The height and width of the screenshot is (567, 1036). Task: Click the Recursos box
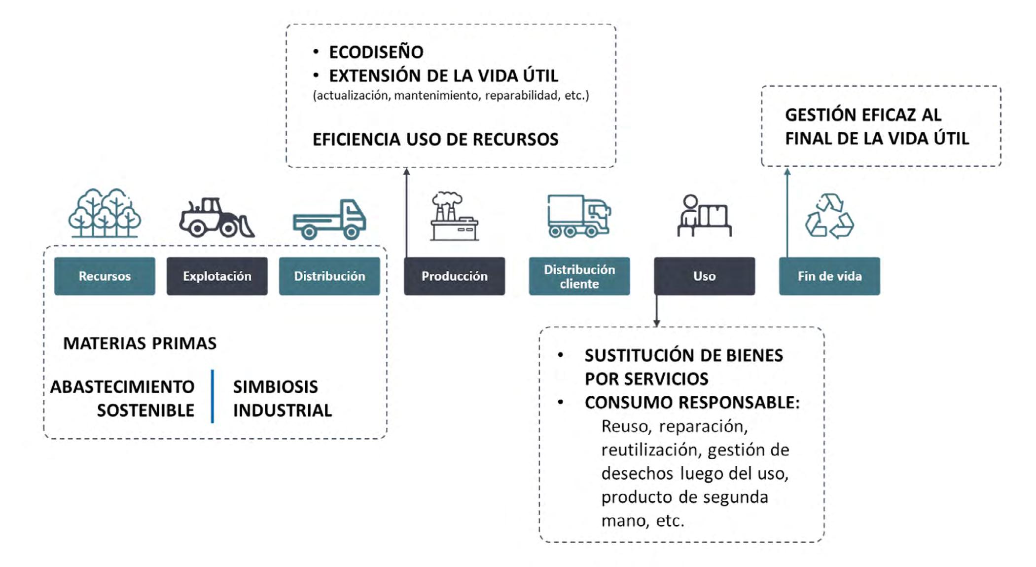point(105,276)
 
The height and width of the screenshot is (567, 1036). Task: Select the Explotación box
point(217,276)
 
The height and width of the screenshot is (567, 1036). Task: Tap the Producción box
point(454,276)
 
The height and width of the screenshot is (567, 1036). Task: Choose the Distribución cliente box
point(579,276)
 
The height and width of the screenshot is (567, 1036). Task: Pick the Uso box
point(704,276)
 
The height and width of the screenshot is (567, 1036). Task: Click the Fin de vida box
point(829,276)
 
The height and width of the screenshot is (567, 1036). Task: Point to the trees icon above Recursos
point(105,213)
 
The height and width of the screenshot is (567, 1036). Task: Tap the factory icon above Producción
point(454,216)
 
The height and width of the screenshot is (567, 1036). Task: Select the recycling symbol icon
point(829,216)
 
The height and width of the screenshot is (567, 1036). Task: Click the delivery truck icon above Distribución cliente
point(579,216)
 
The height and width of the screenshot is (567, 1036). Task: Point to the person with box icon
point(704,216)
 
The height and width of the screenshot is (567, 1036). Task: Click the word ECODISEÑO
point(376,52)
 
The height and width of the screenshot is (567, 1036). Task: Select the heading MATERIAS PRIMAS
point(140,343)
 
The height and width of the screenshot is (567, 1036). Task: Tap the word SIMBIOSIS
point(275,386)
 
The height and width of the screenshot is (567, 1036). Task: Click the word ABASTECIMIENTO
point(122,386)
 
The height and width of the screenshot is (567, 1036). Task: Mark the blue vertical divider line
point(213,396)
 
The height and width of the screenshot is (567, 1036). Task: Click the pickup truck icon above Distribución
point(329,219)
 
